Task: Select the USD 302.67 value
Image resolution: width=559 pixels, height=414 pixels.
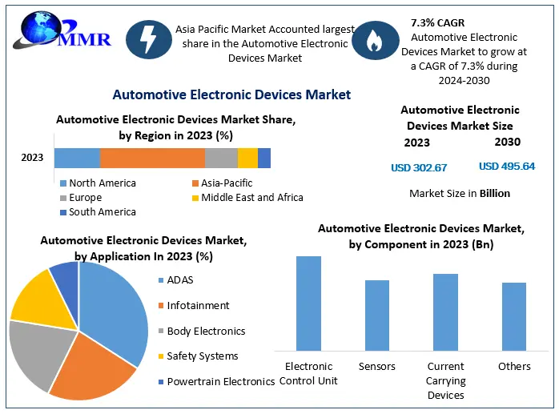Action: (x=419, y=167)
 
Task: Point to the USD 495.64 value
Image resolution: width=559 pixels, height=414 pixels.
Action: (x=507, y=167)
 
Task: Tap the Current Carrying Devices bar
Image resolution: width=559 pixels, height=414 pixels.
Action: (x=445, y=312)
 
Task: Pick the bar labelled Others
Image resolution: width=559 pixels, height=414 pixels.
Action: (x=514, y=316)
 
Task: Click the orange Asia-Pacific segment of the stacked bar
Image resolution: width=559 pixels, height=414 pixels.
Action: (x=152, y=158)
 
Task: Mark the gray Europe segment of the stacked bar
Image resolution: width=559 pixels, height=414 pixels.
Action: (x=221, y=158)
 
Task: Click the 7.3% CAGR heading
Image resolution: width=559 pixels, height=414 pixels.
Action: (x=437, y=22)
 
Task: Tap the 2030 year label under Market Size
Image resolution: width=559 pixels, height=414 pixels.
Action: (x=508, y=142)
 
